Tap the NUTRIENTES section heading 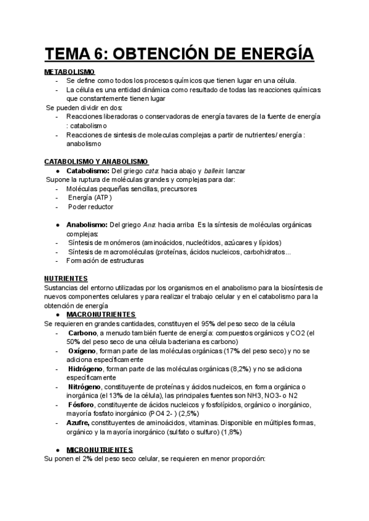coord(66,278)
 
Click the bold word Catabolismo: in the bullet coord(87,171)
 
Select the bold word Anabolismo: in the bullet coord(87,225)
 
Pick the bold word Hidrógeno coord(86,369)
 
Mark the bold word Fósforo coord(82,405)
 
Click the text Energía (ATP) coord(90,198)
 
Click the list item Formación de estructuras coord(105,260)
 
